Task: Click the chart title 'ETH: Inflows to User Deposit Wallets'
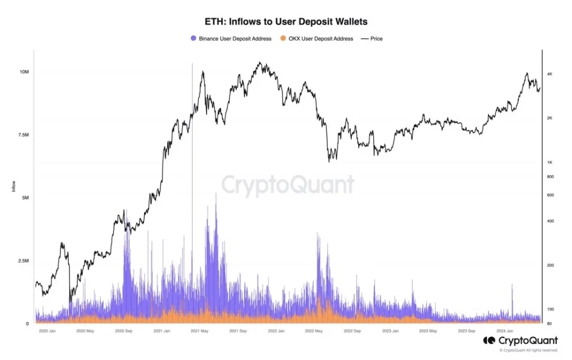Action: click(x=287, y=21)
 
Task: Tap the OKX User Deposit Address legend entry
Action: click(x=317, y=39)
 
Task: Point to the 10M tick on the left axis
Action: click(x=24, y=73)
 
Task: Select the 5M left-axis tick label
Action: click(x=25, y=198)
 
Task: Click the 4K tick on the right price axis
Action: click(x=550, y=74)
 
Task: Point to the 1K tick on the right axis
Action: click(x=550, y=162)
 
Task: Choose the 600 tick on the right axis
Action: click(x=550, y=195)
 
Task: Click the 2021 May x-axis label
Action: click(x=199, y=331)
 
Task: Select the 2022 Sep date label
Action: click(x=352, y=331)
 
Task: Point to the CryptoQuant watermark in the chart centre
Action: click(x=288, y=185)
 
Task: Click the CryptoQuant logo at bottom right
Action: click(x=520, y=340)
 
